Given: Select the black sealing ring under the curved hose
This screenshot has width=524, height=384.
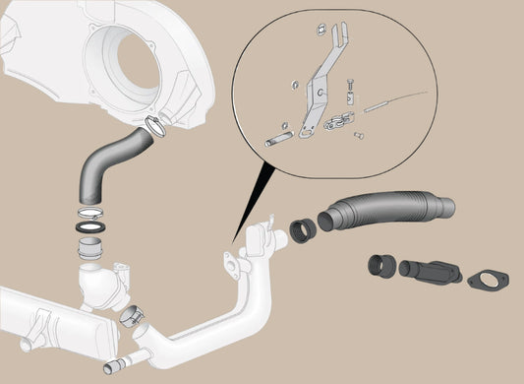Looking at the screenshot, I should (x=90, y=226).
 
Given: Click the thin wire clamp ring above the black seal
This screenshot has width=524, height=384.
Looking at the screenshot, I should (x=89, y=211).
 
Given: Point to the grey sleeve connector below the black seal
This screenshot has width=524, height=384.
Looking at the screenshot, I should (x=90, y=248).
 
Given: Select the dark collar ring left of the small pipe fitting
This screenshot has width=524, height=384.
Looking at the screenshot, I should (x=379, y=265).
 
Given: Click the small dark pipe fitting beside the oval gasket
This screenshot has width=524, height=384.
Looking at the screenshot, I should (x=429, y=270).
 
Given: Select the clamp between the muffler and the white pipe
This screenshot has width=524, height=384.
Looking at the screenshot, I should (x=133, y=319).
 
